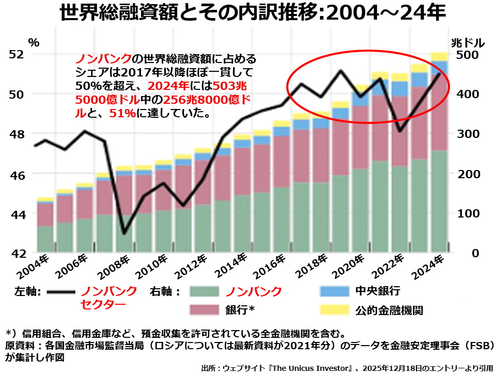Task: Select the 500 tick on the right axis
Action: [467, 54]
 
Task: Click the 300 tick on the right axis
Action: [467, 134]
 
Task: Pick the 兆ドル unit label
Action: [467, 41]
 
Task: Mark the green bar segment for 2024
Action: [439, 201]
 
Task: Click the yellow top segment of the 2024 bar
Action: [439, 56]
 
